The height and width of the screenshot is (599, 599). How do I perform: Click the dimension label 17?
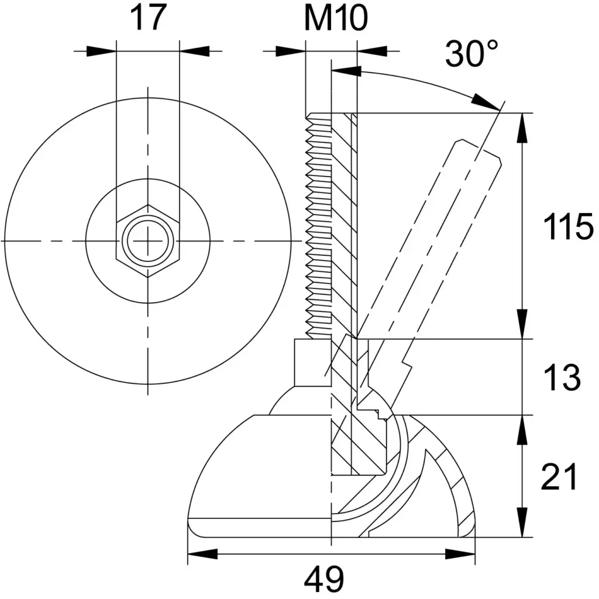pos(148,18)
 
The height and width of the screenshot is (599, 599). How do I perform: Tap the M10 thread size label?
pos(336,18)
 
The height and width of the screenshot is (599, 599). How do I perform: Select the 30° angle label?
pos(472,53)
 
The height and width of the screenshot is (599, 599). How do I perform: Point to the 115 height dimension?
pos(568,226)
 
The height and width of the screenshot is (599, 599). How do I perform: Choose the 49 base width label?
pos(324,579)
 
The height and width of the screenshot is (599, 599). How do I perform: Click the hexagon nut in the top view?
pos(148,240)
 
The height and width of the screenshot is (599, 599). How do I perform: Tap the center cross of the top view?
pos(148,240)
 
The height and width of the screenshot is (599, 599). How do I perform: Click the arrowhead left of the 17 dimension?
pos(101,51)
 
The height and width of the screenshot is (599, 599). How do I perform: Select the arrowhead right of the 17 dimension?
pos(194,51)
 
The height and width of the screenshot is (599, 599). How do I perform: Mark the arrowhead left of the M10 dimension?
pos(291,51)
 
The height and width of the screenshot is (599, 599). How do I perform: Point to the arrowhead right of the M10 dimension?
pos(371,51)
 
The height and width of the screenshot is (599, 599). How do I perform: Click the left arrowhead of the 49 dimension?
pos(202,554)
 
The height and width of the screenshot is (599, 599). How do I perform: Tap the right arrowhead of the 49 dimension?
pos(460,554)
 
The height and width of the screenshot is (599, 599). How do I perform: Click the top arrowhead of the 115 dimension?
pos(522,128)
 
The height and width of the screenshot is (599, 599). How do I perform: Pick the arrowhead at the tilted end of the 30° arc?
pos(486,102)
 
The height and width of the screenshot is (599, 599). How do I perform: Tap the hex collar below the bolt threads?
pos(313,363)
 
